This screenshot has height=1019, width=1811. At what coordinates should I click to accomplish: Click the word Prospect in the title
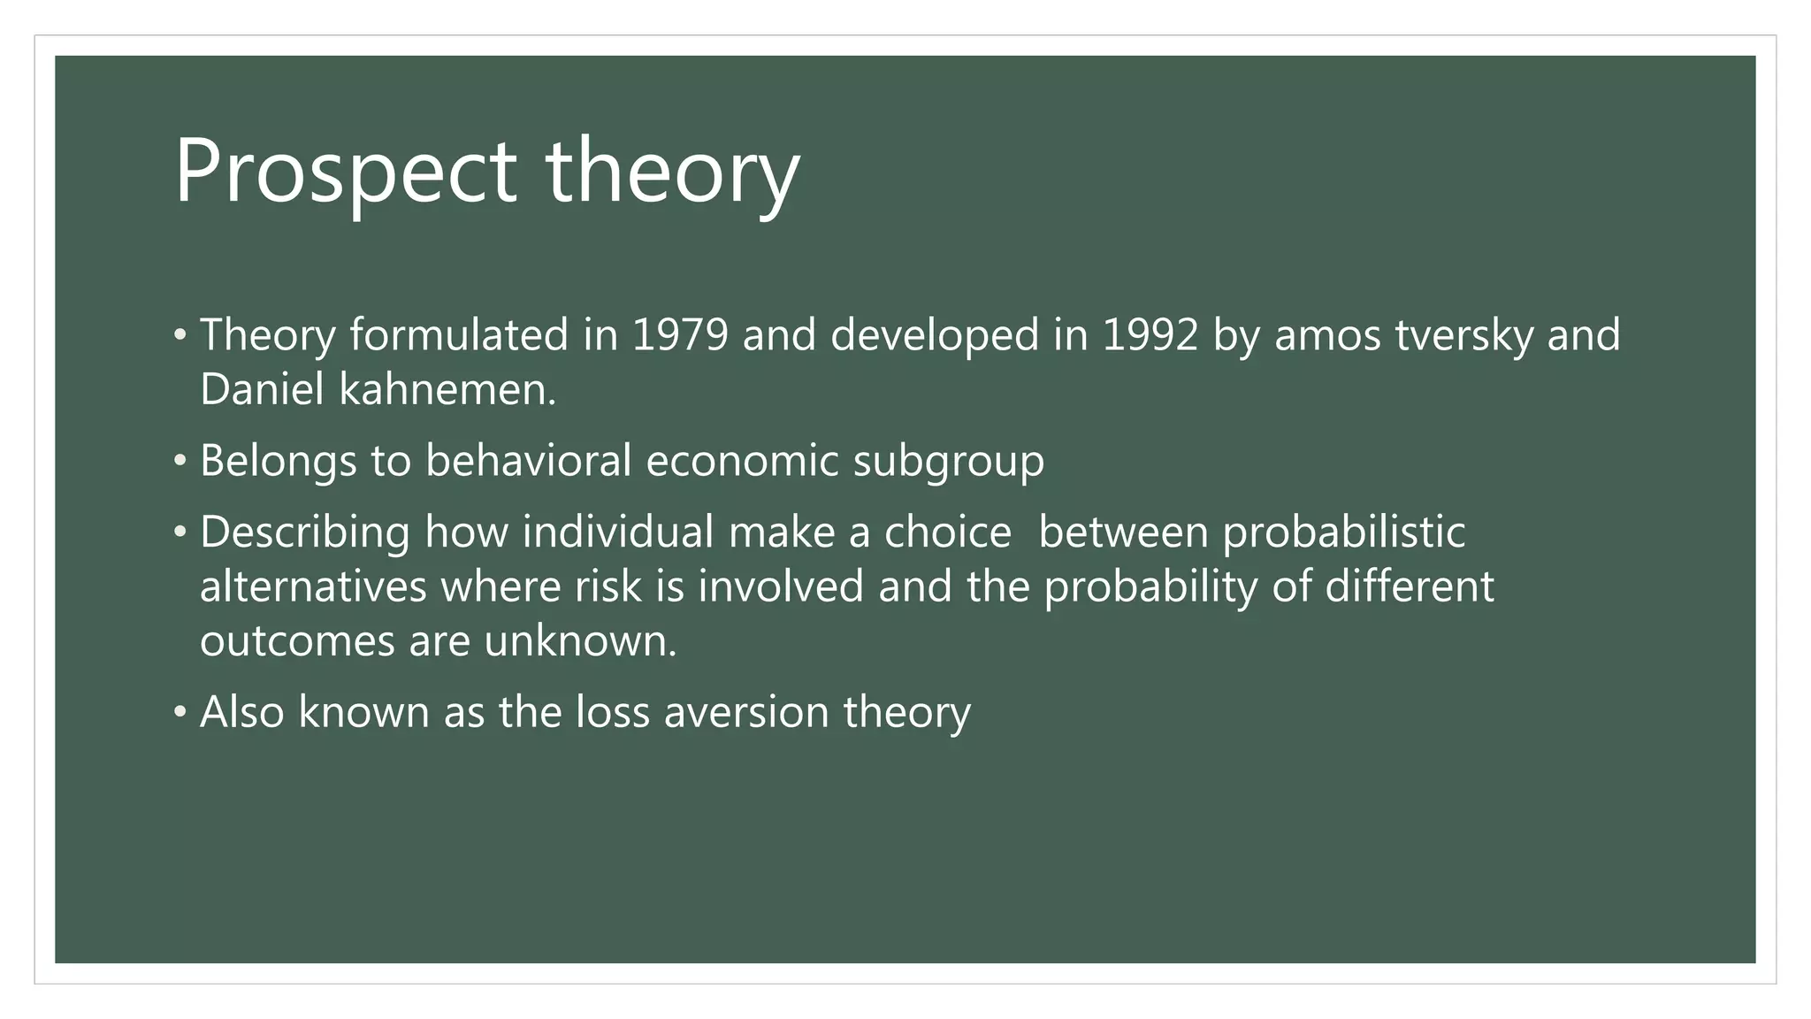pos(345,172)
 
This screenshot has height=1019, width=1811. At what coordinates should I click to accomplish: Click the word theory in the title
pos(672,172)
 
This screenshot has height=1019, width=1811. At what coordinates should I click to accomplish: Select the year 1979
pos(680,335)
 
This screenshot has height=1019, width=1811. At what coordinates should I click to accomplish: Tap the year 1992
pos(1150,335)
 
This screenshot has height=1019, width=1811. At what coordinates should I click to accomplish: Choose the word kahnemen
pos(447,389)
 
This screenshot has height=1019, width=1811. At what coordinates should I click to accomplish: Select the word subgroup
pos(948,461)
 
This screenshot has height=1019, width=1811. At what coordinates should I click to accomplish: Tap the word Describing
pos(305,532)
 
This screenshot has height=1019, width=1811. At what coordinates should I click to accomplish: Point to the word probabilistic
pos(1344,532)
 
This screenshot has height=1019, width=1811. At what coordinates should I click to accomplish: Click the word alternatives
pos(313,586)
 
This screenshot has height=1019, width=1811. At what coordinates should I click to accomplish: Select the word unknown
pos(579,640)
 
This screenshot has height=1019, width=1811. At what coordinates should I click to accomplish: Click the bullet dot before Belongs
pos(180,461)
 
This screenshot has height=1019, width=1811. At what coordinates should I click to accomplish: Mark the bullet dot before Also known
pos(180,712)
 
